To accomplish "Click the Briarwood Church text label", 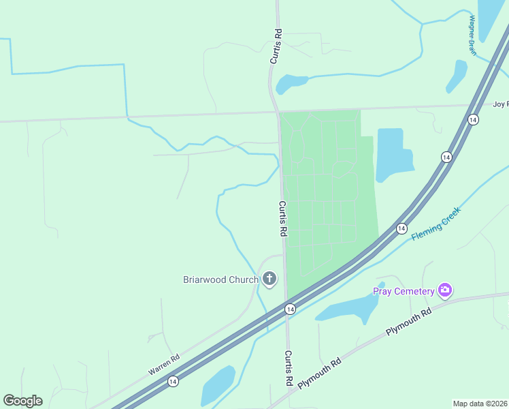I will point(220,279).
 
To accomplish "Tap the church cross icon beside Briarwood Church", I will point(270,278).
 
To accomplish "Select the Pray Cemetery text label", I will point(404,292).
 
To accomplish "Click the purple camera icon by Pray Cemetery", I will point(445,291).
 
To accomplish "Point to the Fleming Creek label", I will point(436,224).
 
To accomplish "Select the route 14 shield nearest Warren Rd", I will point(174,381).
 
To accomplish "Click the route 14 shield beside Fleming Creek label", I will point(401,228).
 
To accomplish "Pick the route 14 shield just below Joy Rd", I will point(473,119).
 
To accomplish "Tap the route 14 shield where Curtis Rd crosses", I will point(290,309).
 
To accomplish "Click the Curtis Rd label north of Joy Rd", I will point(276,46).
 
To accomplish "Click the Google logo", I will point(22,401).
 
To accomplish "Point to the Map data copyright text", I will point(480,404).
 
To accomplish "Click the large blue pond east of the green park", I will point(393,153).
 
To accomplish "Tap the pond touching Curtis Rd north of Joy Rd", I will point(290,83).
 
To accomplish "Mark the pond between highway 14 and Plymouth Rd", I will point(348,308).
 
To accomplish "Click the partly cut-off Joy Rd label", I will point(500,104).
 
